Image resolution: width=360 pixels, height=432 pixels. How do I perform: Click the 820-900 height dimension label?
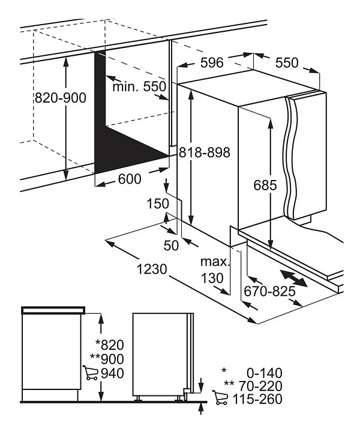coord(61,98)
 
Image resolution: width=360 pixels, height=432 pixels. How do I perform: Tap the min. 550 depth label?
coord(139,86)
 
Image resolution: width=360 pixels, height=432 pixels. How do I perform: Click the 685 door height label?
coord(264,185)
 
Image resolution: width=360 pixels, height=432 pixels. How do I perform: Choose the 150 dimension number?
coord(158,203)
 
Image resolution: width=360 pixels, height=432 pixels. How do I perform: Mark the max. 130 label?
coord(215,270)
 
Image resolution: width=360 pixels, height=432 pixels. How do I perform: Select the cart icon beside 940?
coord(91,373)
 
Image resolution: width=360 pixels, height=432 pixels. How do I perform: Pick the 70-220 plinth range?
coord(259,386)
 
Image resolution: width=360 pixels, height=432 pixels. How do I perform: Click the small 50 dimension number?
coord(171,245)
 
